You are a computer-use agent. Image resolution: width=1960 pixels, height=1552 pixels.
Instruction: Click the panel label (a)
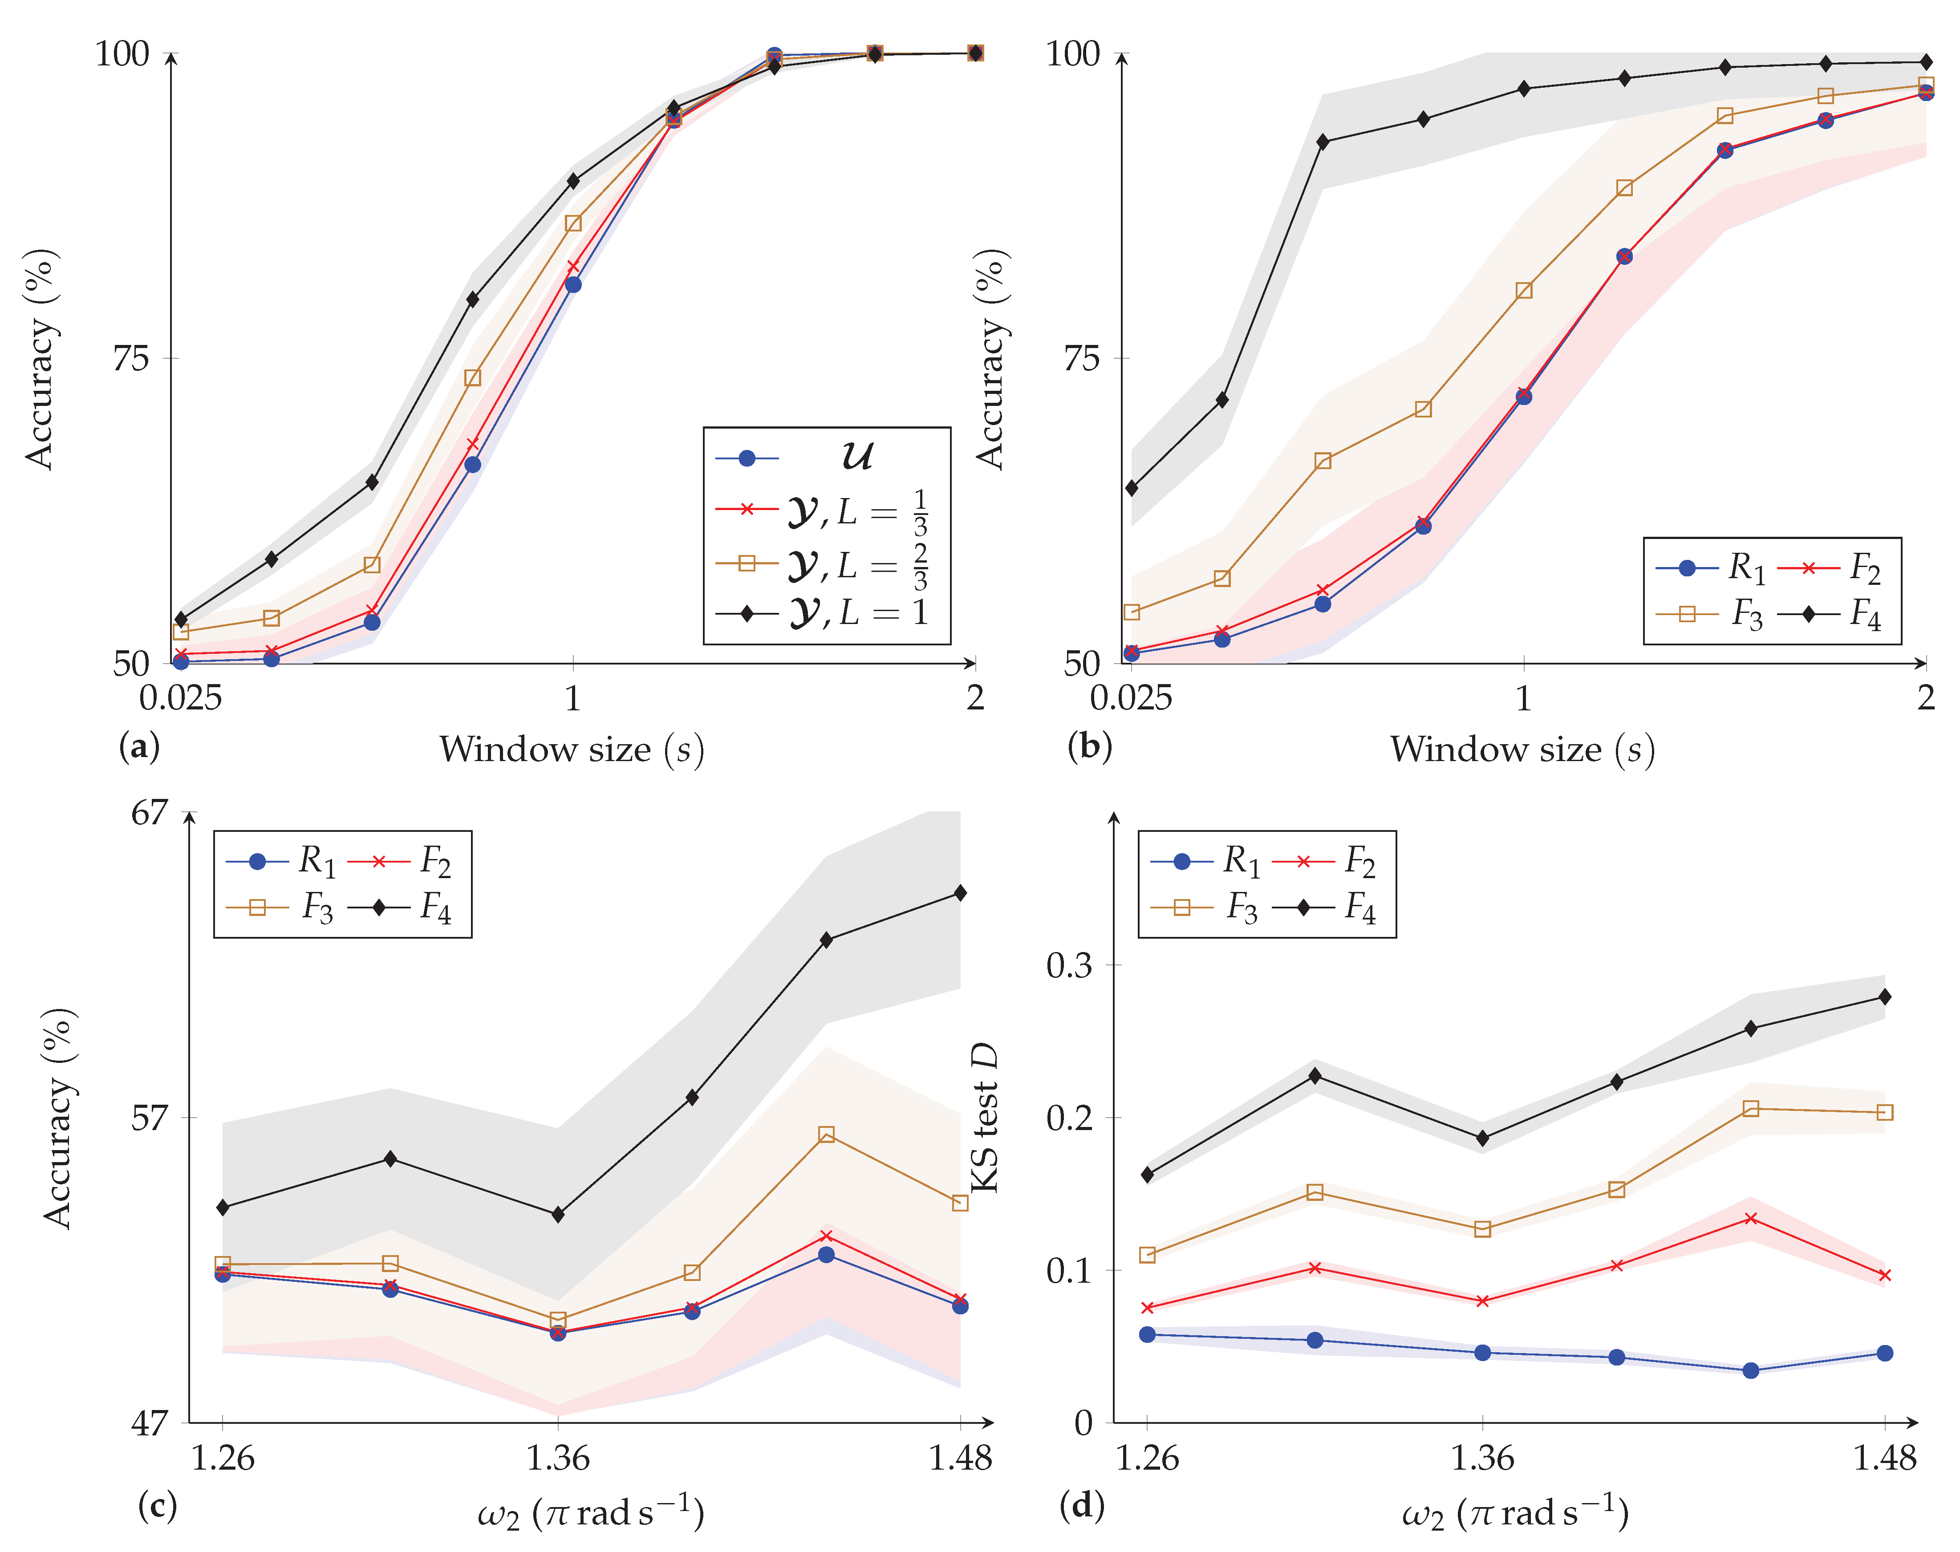click(139, 747)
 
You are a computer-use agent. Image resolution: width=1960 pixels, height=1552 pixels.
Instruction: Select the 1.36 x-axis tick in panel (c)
click(558, 1458)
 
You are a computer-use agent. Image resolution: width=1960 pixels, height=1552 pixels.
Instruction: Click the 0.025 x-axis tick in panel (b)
click(1130, 698)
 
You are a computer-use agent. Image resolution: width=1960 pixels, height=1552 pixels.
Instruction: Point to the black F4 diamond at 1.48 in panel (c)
click(961, 893)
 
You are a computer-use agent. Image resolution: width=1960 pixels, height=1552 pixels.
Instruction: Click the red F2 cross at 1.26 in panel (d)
click(1148, 1308)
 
